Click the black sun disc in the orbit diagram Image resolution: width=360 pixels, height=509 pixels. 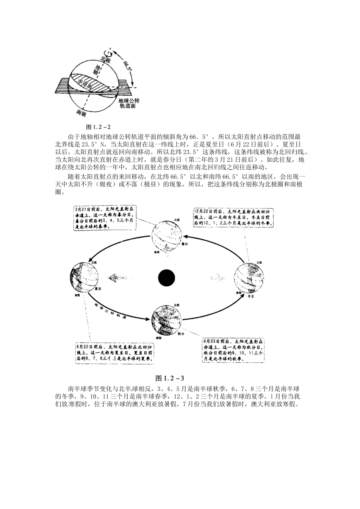click(x=166, y=278)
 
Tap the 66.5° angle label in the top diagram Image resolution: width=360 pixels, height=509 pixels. click(x=127, y=63)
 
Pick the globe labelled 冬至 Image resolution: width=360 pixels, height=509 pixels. click(x=248, y=279)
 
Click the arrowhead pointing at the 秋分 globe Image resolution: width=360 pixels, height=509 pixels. click(x=146, y=320)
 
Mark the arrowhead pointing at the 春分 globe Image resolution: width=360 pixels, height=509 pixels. click(x=187, y=236)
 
